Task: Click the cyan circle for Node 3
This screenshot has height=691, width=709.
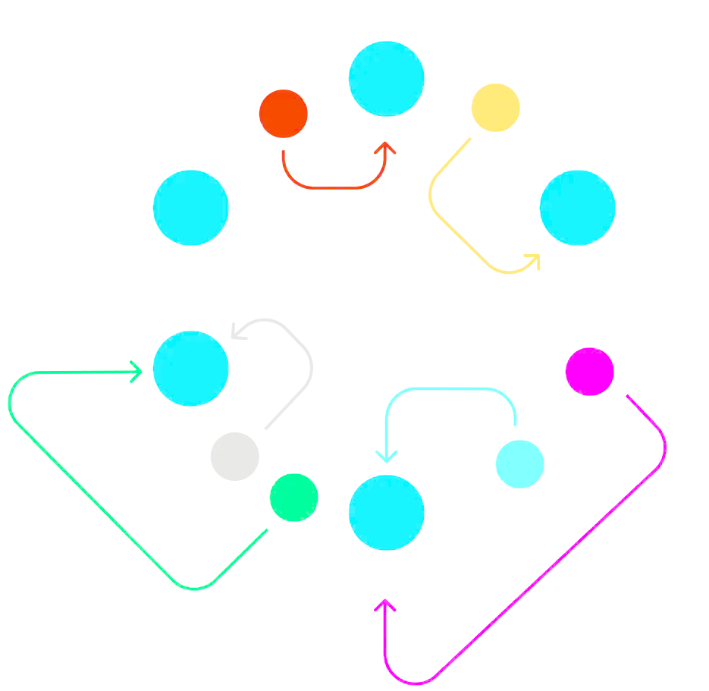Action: pos(386,79)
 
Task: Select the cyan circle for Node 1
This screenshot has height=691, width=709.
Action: pos(577,208)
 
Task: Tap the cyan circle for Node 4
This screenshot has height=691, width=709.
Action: pos(190,208)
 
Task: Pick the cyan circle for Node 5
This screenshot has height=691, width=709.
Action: pos(190,369)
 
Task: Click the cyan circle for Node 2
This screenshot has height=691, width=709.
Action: pos(386,513)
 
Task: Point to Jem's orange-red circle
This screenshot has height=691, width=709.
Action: pos(283,114)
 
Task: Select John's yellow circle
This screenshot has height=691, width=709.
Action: pos(495,107)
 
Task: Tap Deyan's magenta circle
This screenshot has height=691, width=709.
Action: pos(589,372)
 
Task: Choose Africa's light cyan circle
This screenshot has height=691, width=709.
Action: pos(519,463)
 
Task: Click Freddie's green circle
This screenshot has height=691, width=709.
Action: pos(293,498)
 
